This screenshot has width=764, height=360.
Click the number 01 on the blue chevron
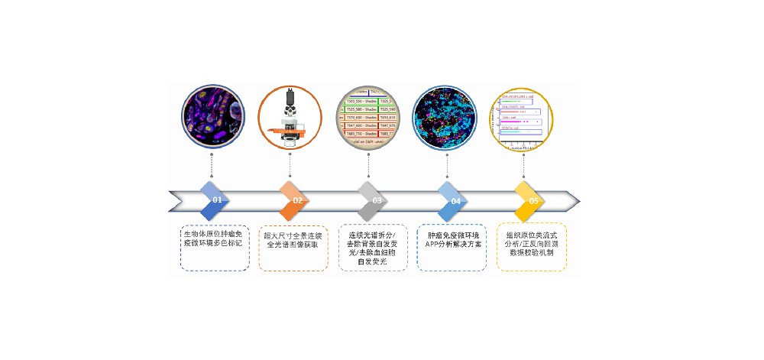[217, 200]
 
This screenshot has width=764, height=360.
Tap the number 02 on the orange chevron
[297, 200]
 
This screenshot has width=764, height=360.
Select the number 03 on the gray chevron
[377, 200]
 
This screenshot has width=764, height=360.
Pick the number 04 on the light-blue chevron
[455, 200]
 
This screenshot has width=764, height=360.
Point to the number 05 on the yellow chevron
[533, 200]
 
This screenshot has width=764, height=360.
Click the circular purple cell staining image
[212, 118]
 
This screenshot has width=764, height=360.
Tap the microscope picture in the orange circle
[290, 118]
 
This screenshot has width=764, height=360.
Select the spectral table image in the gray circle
[368, 118]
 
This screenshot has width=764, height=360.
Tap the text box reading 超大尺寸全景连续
[293, 247]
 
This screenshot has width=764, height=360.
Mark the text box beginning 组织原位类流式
[531, 246]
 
